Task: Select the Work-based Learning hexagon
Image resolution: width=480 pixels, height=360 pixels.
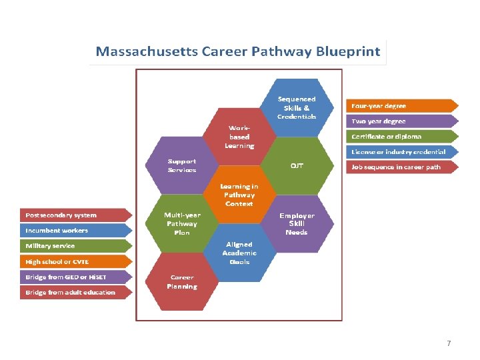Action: click(x=239, y=136)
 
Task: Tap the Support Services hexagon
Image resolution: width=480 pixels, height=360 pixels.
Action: click(x=182, y=165)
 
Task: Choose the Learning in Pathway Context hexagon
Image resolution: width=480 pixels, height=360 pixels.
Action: click(x=239, y=195)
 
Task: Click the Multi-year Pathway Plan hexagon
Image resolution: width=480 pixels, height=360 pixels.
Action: click(x=182, y=223)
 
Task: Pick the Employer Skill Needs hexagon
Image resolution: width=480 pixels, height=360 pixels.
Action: click(x=297, y=223)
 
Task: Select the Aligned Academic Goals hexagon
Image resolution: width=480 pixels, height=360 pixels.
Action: click(x=239, y=253)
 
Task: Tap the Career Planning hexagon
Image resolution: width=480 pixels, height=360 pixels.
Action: click(x=182, y=281)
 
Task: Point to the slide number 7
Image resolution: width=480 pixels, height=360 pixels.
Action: click(x=449, y=343)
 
